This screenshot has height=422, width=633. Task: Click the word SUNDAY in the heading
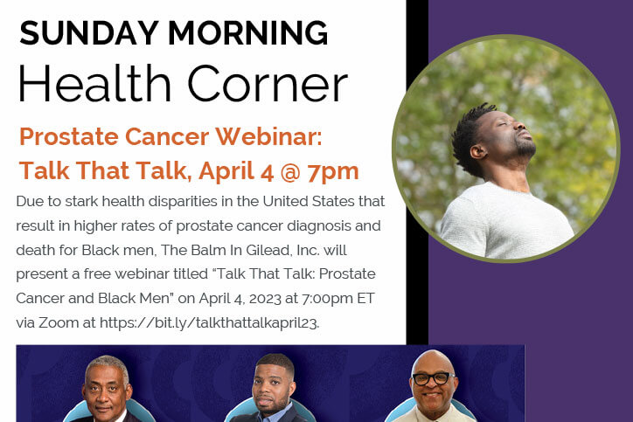pyautogui.click(x=89, y=33)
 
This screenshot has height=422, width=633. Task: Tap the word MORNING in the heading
pyautogui.click(x=248, y=33)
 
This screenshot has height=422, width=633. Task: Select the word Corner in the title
pyautogui.click(x=268, y=84)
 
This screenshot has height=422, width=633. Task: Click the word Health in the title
pyautogui.click(x=94, y=84)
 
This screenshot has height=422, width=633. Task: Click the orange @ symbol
pyautogui.click(x=290, y=171)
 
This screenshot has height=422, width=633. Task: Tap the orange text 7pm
pyautogui.click(x=332, y=172)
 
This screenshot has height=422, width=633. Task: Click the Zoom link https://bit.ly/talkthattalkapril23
pyautogui.click(x=209, y=323)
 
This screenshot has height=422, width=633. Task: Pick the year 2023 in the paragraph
pyautogui.click(x=265, y=299)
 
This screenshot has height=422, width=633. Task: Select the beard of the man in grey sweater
pyautogui.click(x=525, y=149)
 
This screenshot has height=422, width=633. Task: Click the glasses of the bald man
pyautogui.click(x=433, y=378)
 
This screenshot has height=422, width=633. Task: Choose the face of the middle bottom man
pyautogui.click(x=272, y=387)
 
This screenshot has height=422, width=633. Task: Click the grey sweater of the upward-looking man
pyautogui.click(x=507, y=223)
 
